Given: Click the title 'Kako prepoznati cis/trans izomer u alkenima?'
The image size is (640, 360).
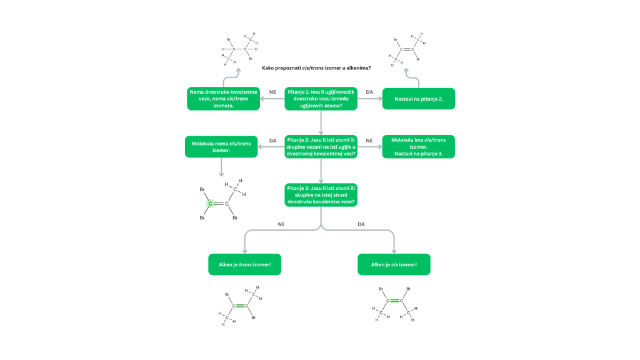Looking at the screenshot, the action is (316, 68).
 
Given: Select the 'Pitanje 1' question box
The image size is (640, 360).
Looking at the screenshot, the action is (321, 99).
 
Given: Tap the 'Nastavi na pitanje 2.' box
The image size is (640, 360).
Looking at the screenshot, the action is (418, 99).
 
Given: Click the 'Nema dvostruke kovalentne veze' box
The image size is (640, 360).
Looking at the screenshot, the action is (223, 99).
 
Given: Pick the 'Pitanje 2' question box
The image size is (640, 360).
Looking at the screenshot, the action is (321, 146).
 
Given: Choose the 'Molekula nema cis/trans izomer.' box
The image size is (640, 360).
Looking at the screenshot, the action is (221, 146).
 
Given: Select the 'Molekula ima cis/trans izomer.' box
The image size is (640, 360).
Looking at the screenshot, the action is (418, 146).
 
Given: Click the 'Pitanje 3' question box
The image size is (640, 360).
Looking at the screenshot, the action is (321, 195).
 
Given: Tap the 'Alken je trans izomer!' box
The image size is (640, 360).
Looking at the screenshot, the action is (244, 264).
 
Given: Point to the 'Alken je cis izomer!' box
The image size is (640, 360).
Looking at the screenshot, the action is (394, 264).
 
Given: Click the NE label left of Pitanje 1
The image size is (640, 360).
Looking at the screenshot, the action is (272, 92).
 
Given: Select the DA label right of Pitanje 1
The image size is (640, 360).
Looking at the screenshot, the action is (369, 92).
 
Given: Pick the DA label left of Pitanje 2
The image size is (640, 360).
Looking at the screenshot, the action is (272, 141).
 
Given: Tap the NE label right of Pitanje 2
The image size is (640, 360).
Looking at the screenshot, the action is (369, 141).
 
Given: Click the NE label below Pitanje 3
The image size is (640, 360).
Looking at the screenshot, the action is (281, 224).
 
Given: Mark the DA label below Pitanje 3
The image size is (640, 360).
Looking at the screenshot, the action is (361, 224).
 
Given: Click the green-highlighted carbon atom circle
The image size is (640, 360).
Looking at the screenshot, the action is (210, 203).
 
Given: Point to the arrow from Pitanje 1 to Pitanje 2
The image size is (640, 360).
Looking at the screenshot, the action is (321, 122).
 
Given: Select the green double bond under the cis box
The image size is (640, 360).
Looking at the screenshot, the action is (395, 301).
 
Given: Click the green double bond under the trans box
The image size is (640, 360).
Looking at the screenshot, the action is (240, 306).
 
